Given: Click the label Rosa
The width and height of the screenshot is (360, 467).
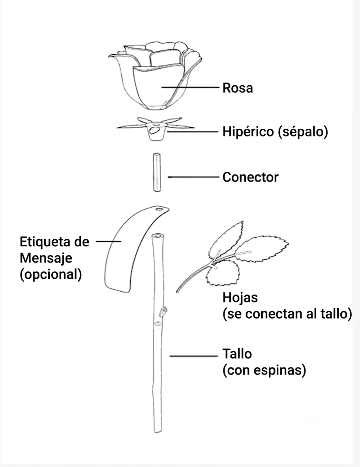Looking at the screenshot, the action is (x=238, y=88).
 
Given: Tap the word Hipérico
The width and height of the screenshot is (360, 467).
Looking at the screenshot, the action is (x=248, y=131).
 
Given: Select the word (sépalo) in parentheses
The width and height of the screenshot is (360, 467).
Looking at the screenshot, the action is (x=303, y=131).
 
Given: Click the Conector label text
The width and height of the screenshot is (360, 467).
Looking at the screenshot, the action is (x=250, y=177).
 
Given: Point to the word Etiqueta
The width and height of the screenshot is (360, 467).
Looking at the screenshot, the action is (x=45, y=242).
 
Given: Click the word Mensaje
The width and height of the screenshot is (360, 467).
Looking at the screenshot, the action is (x=46, y=258).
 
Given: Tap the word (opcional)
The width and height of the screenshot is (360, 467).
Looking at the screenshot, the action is (x=51, y=274).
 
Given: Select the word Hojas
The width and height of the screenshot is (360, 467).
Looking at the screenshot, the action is (x=240, y=298).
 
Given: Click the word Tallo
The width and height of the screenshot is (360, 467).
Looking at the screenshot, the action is (x=237, y=354).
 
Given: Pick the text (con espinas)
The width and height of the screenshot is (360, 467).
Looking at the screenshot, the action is (x=264, y=370).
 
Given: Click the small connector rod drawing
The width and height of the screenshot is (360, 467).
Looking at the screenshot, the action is (x=157, y=172).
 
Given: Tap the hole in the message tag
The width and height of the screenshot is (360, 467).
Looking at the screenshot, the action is (x=159, y=209).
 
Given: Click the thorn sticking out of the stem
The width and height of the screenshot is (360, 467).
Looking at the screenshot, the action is (x=163, y=311).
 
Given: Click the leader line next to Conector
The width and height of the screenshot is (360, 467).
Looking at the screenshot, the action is (x=193, y=177).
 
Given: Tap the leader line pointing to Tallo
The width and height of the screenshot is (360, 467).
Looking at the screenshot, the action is (x=194, y=356).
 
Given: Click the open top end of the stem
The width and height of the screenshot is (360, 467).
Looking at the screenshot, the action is (x=158, y=236).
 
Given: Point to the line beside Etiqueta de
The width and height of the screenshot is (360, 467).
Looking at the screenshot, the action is (x=109, y=241).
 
